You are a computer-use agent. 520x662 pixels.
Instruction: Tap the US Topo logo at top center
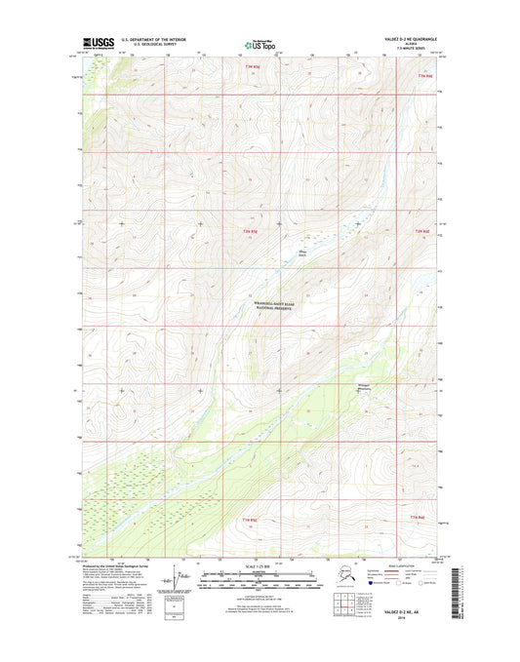(x=259, y=44)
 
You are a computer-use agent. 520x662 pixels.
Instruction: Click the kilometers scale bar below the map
(x=259, y=577)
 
